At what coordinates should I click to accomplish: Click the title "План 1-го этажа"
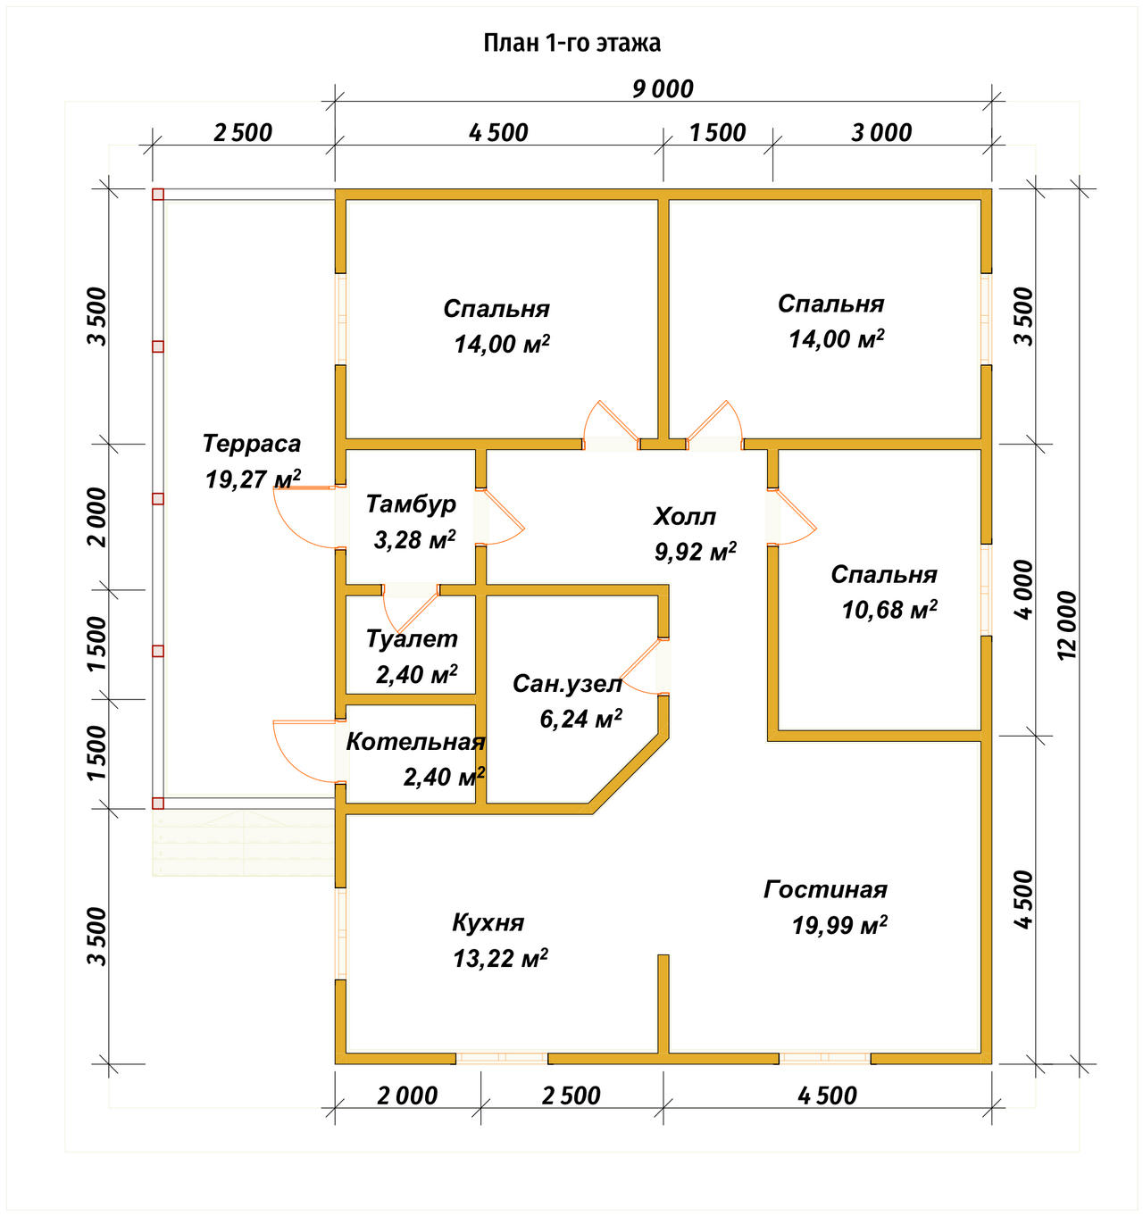[x=572, y=44]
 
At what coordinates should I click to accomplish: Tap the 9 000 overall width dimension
[x=663, y=89]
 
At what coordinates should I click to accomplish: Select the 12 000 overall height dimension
[x=1066, y=625]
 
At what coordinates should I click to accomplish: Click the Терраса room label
[x=251, y=444]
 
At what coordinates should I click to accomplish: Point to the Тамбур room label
[x=411, y=504]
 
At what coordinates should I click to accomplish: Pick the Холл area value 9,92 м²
[x=696, y=552]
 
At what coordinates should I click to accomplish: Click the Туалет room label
[x=412, y=638]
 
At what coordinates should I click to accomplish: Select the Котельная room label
[x=415, y=742]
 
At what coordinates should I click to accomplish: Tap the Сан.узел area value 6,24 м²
[x=580, y=718]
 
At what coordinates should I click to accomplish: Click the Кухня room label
[x=488, y=923]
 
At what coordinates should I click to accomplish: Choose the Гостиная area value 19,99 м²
[x=839, y=925]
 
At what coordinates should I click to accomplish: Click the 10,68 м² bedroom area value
[x=889, y=610]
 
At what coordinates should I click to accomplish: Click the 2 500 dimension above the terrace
[x=243, y=133]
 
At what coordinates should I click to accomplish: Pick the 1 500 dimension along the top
[x=717, y=133]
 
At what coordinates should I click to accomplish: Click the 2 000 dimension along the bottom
[x=407, y=1096]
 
